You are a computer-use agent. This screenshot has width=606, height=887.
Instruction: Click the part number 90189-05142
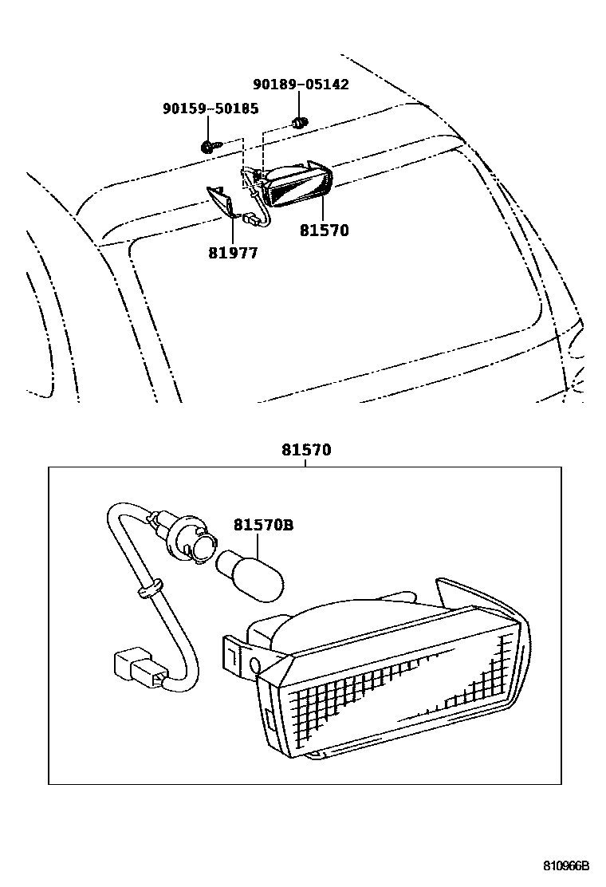click(x=301, y=85)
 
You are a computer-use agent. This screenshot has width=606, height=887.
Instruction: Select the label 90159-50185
click(x=210, y=108)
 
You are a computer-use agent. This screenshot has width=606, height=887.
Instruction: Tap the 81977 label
click(x=234, y=253)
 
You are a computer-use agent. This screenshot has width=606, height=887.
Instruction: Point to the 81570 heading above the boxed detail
click(x=305, y=451)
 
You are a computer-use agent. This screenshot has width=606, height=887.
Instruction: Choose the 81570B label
click(x=263, y=525)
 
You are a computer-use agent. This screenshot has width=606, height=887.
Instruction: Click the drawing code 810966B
click(x=566, y=865)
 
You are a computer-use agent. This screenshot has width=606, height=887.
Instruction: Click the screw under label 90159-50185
click(x=207, y=147)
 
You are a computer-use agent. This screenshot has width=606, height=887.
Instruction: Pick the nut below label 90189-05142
click(x=301, y=124)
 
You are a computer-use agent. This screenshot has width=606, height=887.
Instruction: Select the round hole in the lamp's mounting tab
click(x=254, y=664)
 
